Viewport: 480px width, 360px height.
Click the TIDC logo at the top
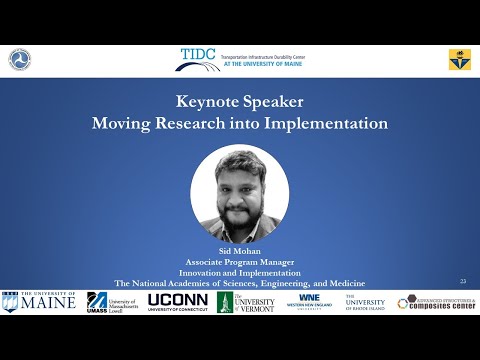click(x=239, y=59)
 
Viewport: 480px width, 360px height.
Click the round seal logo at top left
click(x=20, y=60)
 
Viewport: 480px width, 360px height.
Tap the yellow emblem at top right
click(x=459, y=60)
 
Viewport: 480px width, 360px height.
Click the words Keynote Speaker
click(x=239, y=101)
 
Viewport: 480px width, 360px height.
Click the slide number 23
click(x=463, y=281)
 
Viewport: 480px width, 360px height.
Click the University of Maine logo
click(x=39, y=301)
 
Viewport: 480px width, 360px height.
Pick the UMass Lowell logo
click(x=111, y=301)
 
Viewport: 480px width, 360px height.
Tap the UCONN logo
click(x=178, y=301)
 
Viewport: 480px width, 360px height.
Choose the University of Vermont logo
click(x=246, y=301)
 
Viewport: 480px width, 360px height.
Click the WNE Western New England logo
click(x=309, y=301)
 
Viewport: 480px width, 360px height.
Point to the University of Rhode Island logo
click(x=365, y=301)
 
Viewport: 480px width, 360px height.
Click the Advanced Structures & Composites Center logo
click(x=436, y=301)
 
